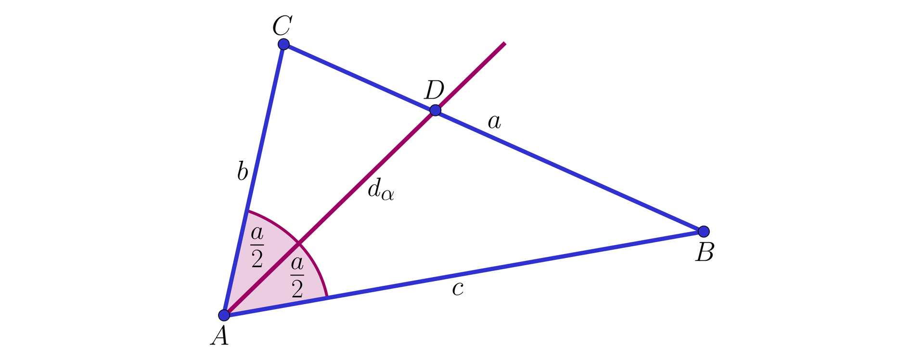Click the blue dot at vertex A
pyautogui.click(x=224, y=315)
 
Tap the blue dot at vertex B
pyautogui.click(x=704, y=231)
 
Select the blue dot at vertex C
pyautogui.click(x=284, y=44)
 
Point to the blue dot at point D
pyautogui.click(x=435, y=110)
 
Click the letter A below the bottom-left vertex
pyautogui.click(x=219, y=335)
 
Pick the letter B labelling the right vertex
pyautogui.click(x=705, y=252)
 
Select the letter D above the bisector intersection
pyautogui.click(x=434, y=90)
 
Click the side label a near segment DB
pyautogui.click(x=494, y=122)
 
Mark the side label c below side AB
pyautogui.click(x=458, y=289)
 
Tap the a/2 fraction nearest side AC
pyautogui.click(x=257, y=247)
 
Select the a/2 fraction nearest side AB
pyautogui.click(x=297, y=277)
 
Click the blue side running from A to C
pyautogui.click(x=254, y=180)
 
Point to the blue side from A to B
pyautogui.click(x=463, y=273)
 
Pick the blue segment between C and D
pyautogui.click(x=359, y=77)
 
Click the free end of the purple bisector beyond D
pyautogui.click(x=504, y=43)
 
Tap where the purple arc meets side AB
pyautogui.click(x=327, y=296)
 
